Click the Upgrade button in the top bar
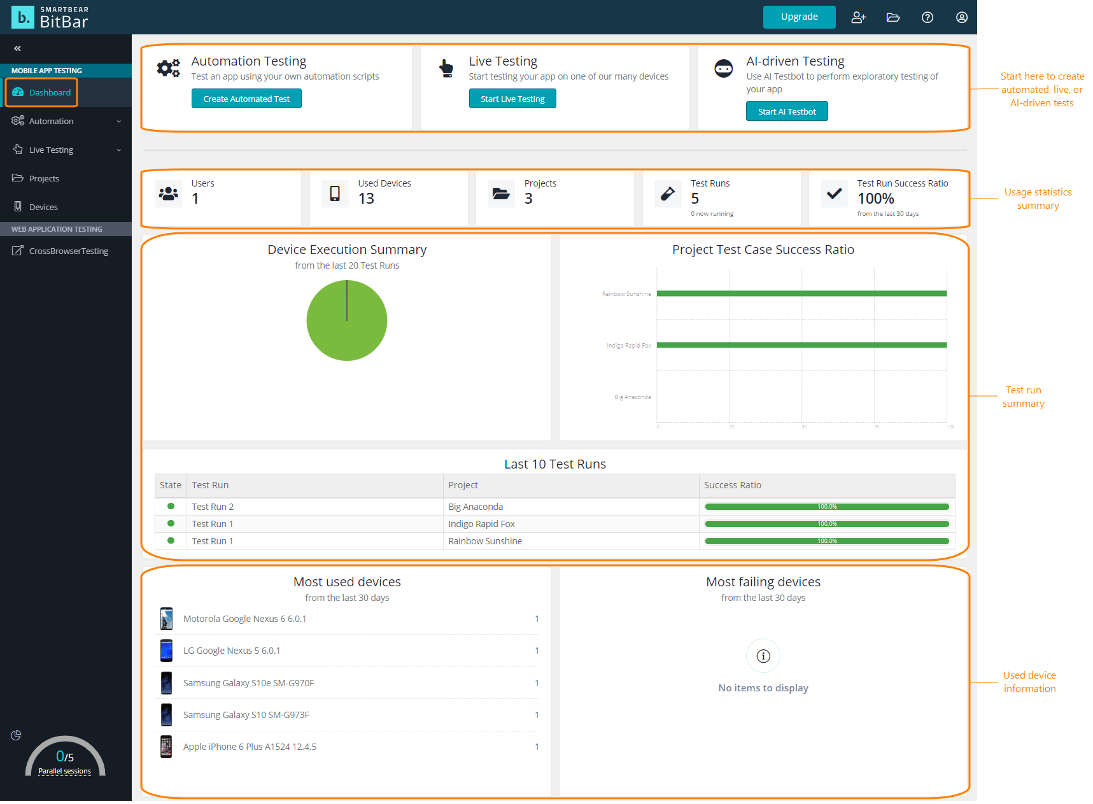click(x=799, y=17)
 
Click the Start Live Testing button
click(x=512, y=99)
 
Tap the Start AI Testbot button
click(x=786, y=111)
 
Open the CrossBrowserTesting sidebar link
click(x=68, y=251)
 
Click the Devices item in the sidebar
click(x=43, y=207)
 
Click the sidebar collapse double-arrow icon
click(x=17, y=48)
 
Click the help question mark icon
click(x=927, y=17)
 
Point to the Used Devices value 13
click(x=366, y=199)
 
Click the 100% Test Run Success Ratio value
click(x=875, y=199)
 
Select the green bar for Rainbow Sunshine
click(x=801, y=293)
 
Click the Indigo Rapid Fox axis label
click(x=628, y=346)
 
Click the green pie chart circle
click(x=346, y=321)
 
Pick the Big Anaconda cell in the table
click(x=476, y=507)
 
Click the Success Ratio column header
click(x=732, y=485)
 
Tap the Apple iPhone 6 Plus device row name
click(x=250, y=747)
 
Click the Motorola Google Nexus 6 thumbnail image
click(x=166, y=619)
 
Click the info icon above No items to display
click(x=763, y=656)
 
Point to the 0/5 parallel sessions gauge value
click(x=64, y=756)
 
